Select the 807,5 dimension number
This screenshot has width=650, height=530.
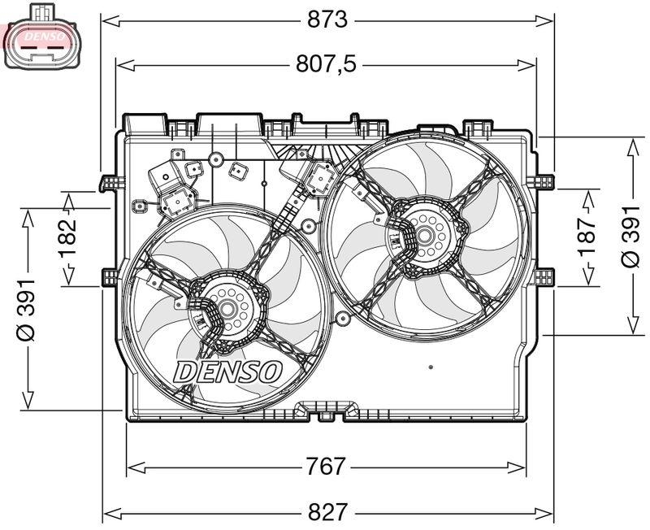(325, 63)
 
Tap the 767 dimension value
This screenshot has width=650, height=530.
(325, 467)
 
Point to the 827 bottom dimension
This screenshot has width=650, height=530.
(327, 512)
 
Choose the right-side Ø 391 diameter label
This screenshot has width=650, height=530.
(630, 236)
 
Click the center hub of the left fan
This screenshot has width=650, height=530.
(228, 310)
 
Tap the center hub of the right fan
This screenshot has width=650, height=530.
(424, 237)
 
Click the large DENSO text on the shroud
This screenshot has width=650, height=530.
(228, 371)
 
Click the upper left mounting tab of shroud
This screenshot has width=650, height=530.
(109, 182)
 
